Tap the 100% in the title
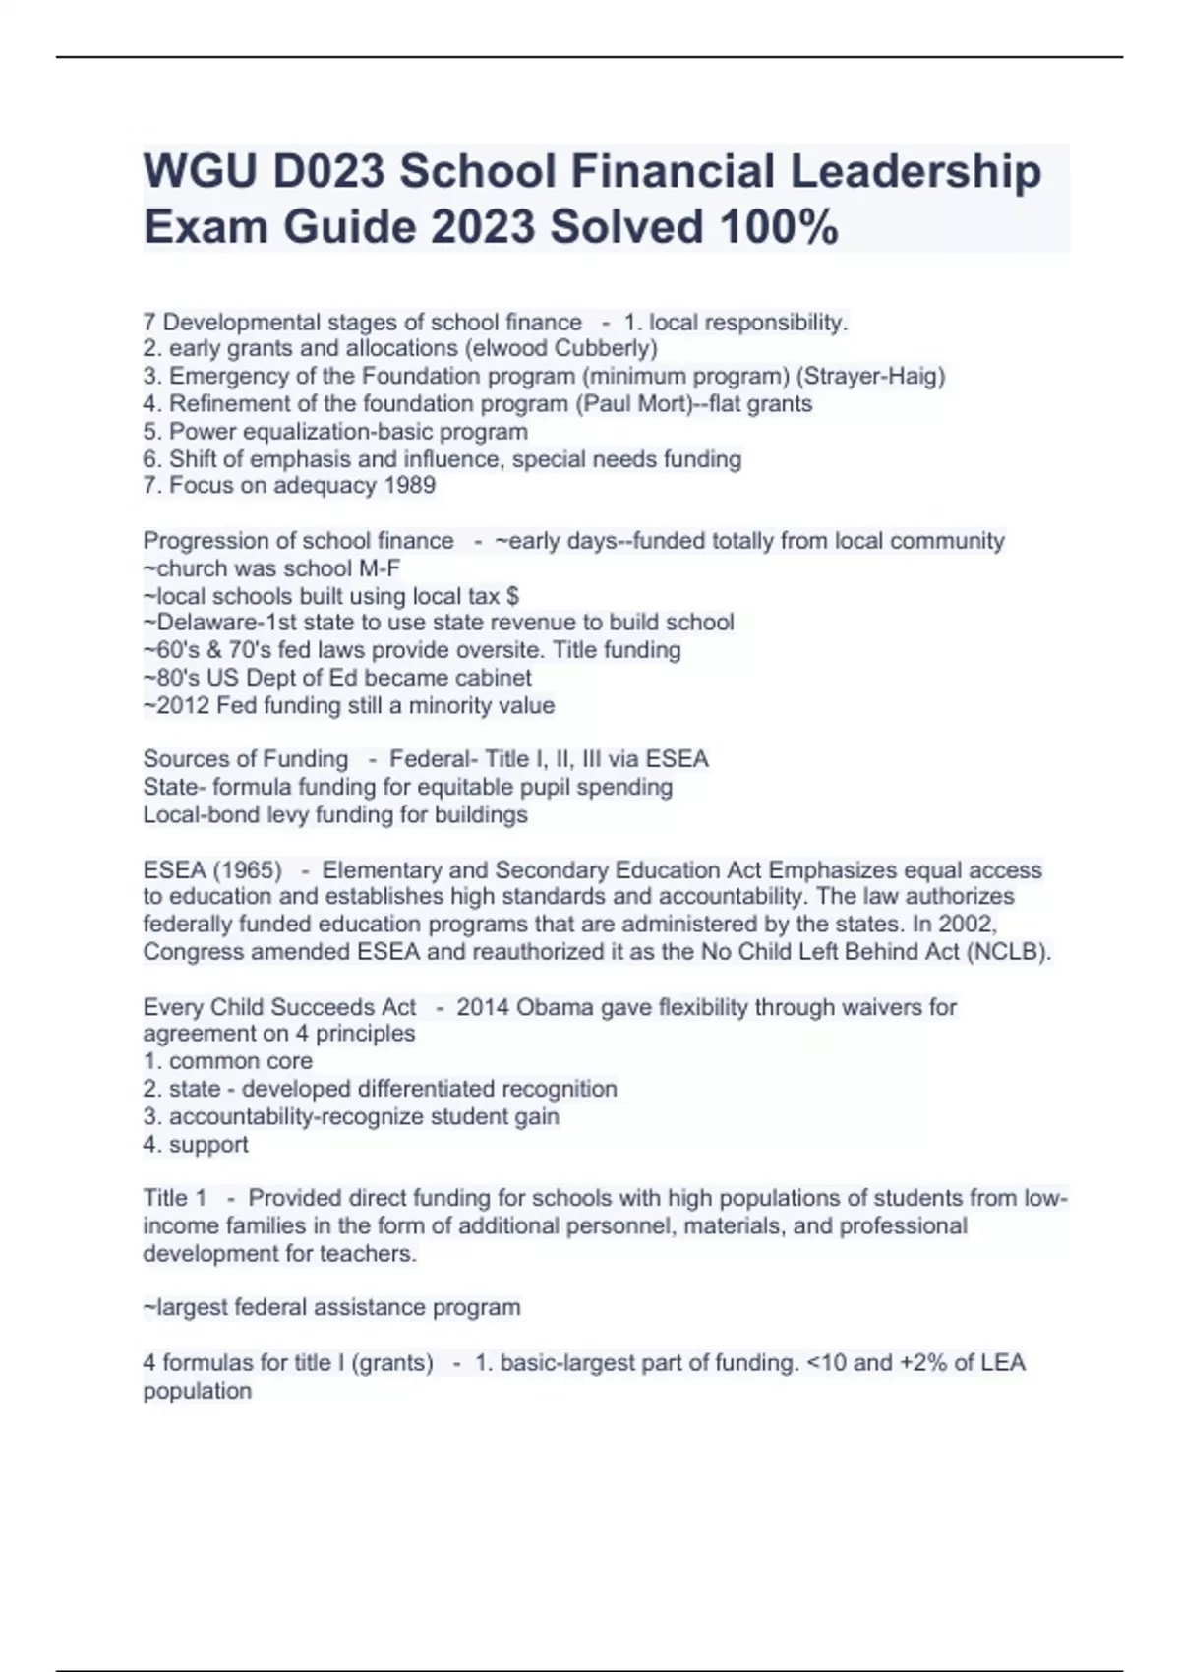click(779, 227)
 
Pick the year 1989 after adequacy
click(411, 485)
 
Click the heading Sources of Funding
click(245, 759)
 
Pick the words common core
click(240, 1061)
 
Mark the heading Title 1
click(175, 1198)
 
